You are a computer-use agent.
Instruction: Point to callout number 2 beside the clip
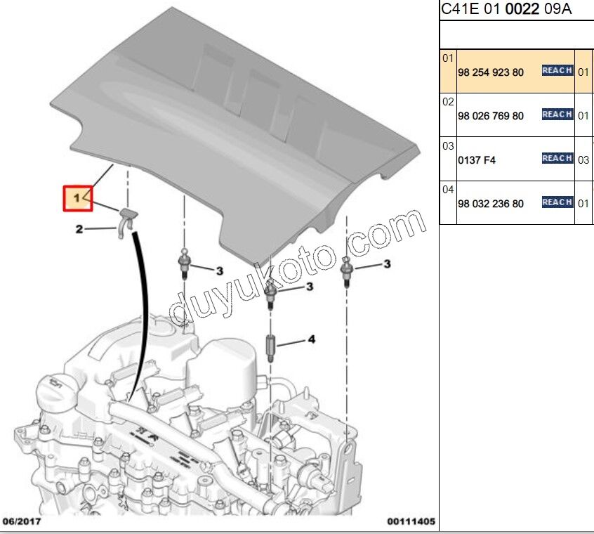pos(79,229)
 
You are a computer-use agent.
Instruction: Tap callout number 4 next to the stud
pos(311,339)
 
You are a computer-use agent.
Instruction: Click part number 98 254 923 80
pos(490,72)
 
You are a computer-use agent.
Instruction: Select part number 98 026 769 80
pos(490,116)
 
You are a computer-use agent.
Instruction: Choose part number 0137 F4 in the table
pos(477,160)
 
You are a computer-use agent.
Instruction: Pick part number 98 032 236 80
pos(490,204)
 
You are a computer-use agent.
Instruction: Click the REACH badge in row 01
pos(557,70)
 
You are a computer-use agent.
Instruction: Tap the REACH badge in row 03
pos(557,158)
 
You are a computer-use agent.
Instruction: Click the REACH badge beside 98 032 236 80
pos(557,202)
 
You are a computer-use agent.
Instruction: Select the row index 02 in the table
pos(448,102)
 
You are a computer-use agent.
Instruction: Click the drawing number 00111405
pos(411,521)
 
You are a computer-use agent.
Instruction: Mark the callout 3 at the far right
pos(386,264)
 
